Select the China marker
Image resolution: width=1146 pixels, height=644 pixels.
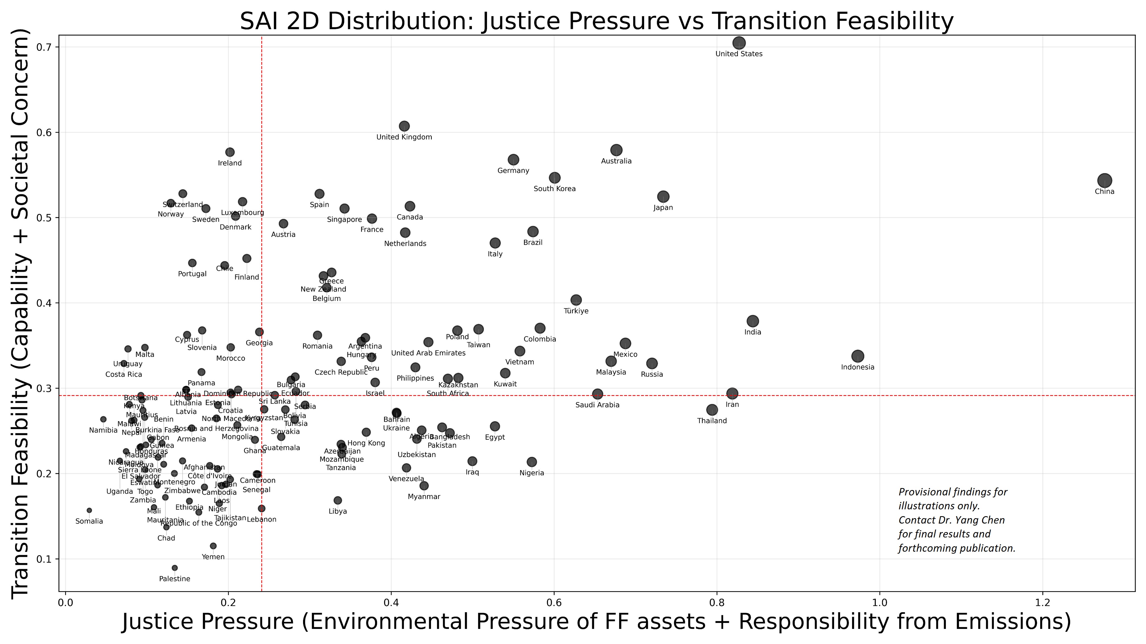(x=1104, y=180)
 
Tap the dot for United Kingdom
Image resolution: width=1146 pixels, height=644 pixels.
(x=404, y=126)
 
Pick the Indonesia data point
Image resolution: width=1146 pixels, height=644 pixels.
(x=858, y=356)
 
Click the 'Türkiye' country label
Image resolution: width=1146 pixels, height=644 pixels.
(x=576, y=311)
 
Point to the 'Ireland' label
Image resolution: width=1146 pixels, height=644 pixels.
(x=230, y=163)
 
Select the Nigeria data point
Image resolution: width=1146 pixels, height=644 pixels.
(x=532, y=462)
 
